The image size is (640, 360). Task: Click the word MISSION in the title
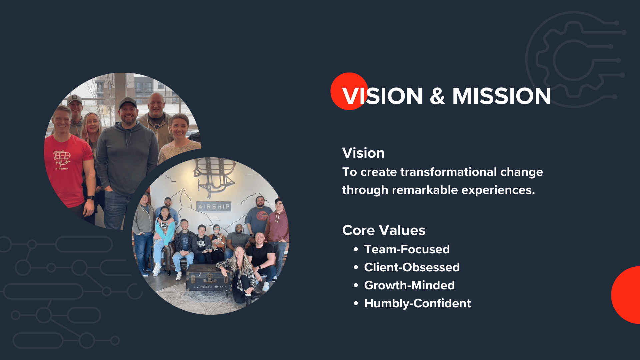(x=501, y=96)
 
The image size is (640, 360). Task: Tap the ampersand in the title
(x=437, y=96)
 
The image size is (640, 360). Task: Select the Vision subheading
(x=363, y=153)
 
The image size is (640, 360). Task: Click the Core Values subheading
(x=384, y=230)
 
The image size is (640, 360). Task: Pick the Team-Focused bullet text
(x=407, y=249)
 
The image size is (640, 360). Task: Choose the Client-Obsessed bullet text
(x=412, y=267)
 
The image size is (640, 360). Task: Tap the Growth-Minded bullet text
(x=409, y=285)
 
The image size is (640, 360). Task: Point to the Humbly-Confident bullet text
(x=417, y=303)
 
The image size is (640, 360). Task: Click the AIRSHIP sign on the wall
(x=214, y=206)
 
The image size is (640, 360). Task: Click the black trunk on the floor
(x=208, y=278)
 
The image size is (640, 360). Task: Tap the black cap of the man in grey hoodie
(x=128, y=102)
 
